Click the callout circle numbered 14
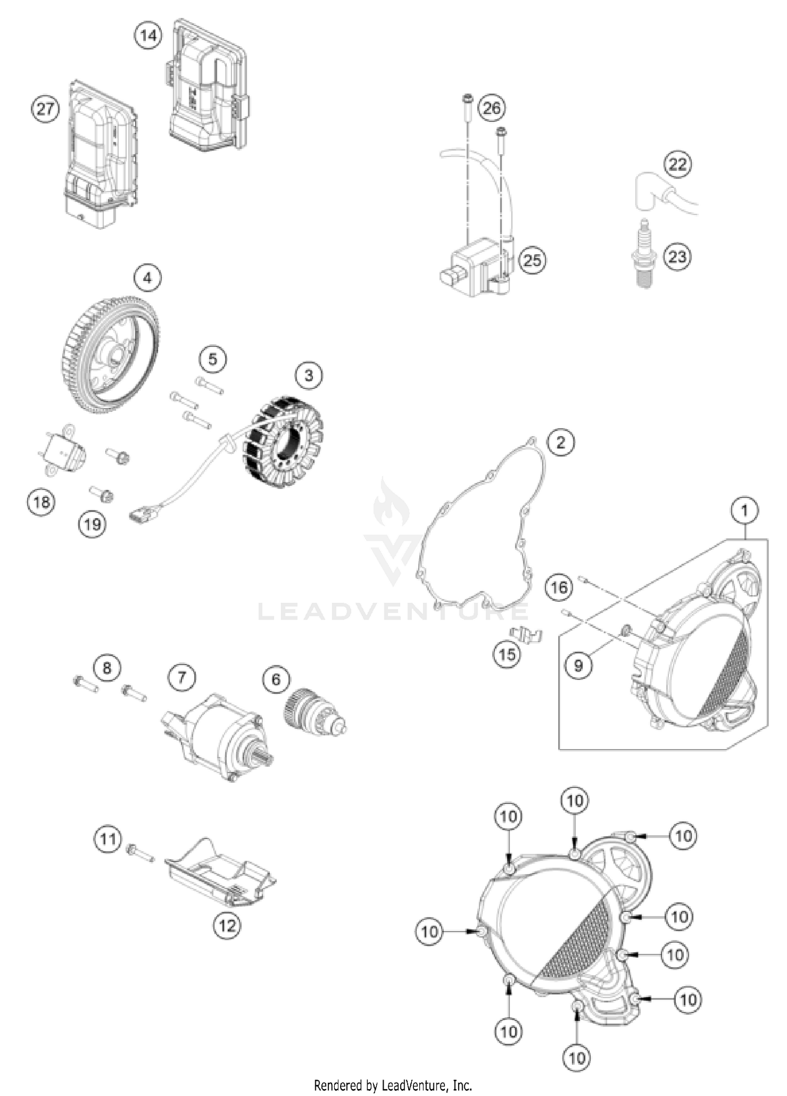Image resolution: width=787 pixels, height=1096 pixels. click(148, 36)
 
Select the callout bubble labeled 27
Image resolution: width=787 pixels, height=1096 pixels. click(45, 109)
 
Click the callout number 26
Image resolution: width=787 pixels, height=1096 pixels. click(492, 108)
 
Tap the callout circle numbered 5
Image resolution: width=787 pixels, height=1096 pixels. click(212, 359)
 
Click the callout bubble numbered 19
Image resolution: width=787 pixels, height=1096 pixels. click(92, 524)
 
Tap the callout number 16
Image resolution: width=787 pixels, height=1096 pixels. click(559, 587)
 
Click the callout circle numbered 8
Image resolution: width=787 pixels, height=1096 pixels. click(107, 668)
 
